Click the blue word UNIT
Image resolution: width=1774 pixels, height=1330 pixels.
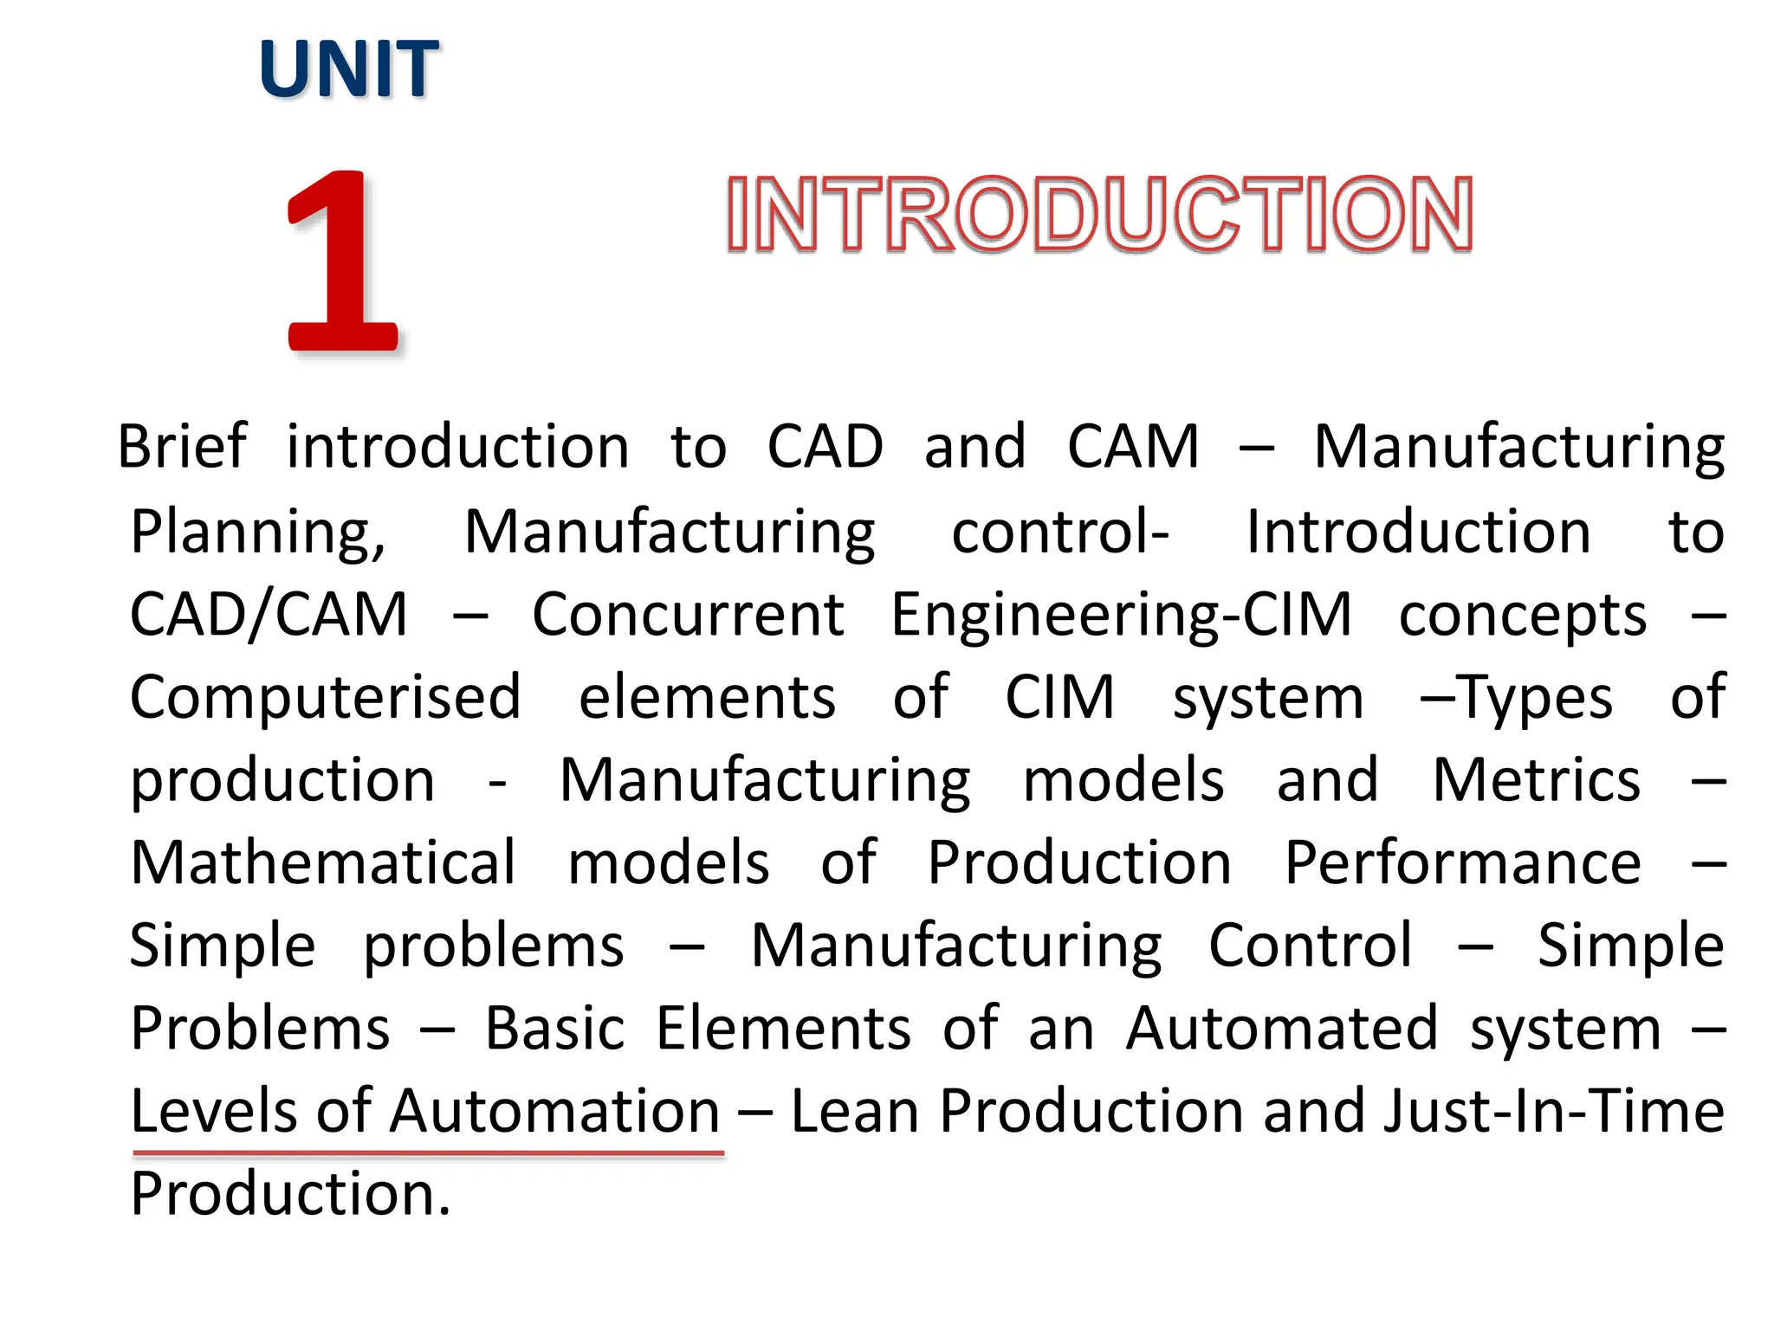(348, 69)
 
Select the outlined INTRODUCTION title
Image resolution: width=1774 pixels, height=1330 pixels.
(1098, 214)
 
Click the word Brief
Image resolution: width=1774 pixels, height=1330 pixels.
(182, 447)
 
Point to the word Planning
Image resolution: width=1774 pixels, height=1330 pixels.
(257, 532)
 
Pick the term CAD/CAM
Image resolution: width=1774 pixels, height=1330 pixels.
(269, 615)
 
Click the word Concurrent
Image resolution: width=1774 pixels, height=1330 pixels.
(688, 615)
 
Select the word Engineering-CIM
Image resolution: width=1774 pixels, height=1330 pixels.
(1121, 615)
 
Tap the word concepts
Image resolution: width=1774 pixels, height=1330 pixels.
(1522, 615)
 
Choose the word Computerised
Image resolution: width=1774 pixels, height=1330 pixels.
(326, 698)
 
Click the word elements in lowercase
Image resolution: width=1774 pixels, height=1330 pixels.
(707, 698)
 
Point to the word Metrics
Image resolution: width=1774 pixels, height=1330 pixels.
(1536, 780)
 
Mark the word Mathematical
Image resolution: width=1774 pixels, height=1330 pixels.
(323, 862)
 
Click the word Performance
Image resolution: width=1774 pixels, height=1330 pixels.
(1462, 862)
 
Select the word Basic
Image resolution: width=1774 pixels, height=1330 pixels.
(554, 1029)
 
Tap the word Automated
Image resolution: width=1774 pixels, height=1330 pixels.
(1282, 1029)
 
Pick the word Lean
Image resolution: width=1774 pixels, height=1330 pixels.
(854, 1111)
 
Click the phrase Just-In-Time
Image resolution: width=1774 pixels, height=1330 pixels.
(1553, 1111)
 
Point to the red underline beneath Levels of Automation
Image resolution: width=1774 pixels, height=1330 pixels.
(428, 1153)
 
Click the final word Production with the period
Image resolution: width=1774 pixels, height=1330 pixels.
(290, 1194)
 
